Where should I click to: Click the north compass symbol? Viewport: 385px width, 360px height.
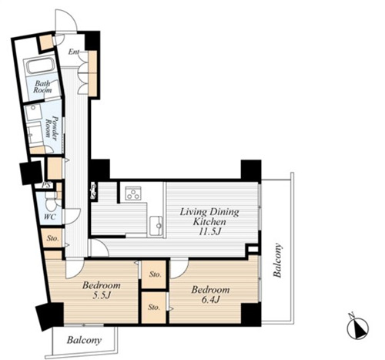(357, 328)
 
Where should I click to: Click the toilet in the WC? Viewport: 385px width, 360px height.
(51, 203)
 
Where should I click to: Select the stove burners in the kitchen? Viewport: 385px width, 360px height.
(132, 193)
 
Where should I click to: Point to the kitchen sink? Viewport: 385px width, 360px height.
(156, 226)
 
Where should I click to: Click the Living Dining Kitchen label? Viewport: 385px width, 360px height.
(209, 217)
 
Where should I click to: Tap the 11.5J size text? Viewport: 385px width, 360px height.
(210, 231)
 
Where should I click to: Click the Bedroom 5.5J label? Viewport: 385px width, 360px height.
(102, 290)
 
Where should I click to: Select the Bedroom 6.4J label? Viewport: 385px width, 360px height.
(210, 294)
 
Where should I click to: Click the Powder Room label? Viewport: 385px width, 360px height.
(51, 128)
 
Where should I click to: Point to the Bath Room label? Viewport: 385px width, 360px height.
(42, 86)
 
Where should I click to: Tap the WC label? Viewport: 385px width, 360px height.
(49, 217)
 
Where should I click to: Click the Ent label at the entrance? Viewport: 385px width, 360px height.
(73, 52)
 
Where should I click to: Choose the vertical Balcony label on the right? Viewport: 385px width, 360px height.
(277, 260)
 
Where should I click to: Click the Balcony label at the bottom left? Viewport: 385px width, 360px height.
(84, 341)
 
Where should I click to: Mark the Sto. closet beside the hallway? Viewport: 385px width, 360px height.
(52, 238)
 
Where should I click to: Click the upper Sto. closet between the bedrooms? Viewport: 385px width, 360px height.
(154, 274)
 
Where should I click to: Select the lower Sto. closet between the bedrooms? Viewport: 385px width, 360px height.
(154, 307)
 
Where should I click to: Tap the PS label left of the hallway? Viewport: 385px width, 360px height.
(46, 185)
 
